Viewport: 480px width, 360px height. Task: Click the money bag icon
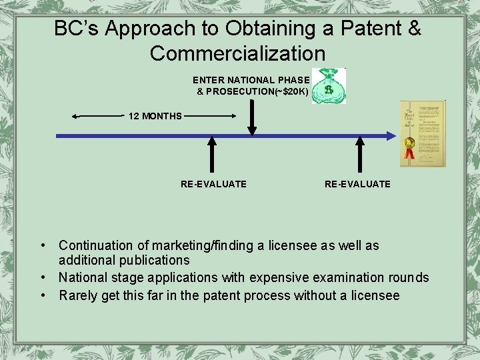329,87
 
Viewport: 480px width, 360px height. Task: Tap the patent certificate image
422,133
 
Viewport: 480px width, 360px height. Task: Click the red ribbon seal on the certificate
409,148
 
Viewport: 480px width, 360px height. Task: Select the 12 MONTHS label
155,116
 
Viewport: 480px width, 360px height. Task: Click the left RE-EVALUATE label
213,184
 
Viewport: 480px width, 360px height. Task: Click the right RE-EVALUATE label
357,184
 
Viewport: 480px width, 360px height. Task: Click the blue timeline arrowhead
392,136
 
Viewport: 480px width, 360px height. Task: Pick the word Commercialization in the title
237,53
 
